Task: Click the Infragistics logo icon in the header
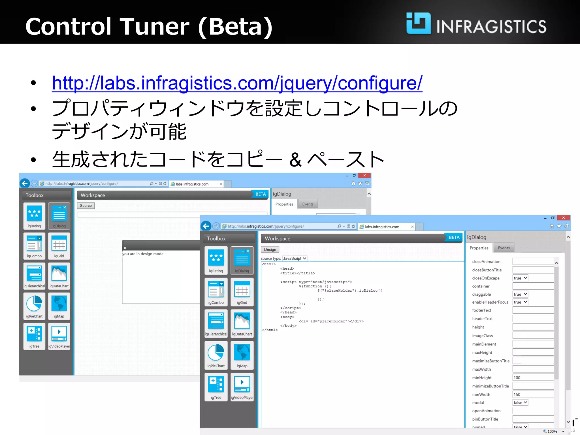click(418, 24)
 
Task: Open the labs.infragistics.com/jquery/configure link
click(237, 83)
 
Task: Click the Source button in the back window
click(86, 206)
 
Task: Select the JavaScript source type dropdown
click(295, 258)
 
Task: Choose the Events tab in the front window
click(504, 248)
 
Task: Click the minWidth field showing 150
click(532, 394)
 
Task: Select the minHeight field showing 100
click(532, 378)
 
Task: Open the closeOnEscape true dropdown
click(520, 278)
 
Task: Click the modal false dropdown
click(520, 402)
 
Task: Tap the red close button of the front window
click(563, 217)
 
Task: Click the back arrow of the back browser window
click(25, 183)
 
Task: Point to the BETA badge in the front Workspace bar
click(454, 237)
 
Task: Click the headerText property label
click(482, 319)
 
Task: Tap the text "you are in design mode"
click(143, 254)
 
